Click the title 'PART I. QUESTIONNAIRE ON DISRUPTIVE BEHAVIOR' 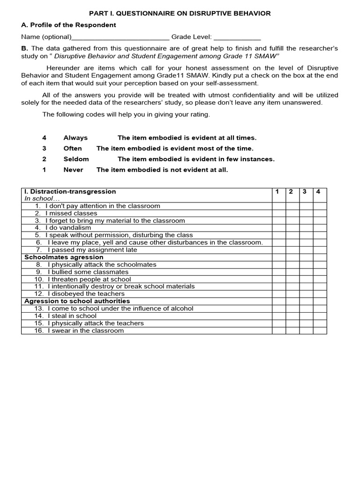(x=180, y=13)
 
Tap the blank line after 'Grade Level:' (x=237, y=37)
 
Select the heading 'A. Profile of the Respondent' (x=69, y=25)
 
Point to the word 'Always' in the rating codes (x=75, y=138)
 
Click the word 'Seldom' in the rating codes (x=76, y=159)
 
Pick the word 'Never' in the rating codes (x=73, y=170)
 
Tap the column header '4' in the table (x=318, y=192)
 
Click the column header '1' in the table (x=277, y=192)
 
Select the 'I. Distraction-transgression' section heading (x=70, y=192)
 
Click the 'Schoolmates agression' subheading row (x=64, y=257)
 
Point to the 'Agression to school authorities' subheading (x=77, y=301)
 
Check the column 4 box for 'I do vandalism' (x=320, y=228)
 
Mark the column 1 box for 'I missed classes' (x=279, y=213)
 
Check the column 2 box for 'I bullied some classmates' (x=292, y=272)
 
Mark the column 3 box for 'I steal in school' (x=306, y=316)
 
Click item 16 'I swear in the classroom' (x=85, y=330)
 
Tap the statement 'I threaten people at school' (x=89, y=279)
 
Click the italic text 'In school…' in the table (x=39, y=199)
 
